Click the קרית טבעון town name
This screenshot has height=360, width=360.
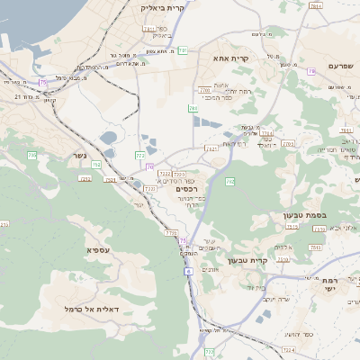[x=250, y=260]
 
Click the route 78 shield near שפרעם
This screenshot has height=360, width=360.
[x=310, y=71]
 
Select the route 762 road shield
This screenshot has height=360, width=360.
[x=229, y=182]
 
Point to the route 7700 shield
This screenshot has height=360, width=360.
[x=205, y=91]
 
